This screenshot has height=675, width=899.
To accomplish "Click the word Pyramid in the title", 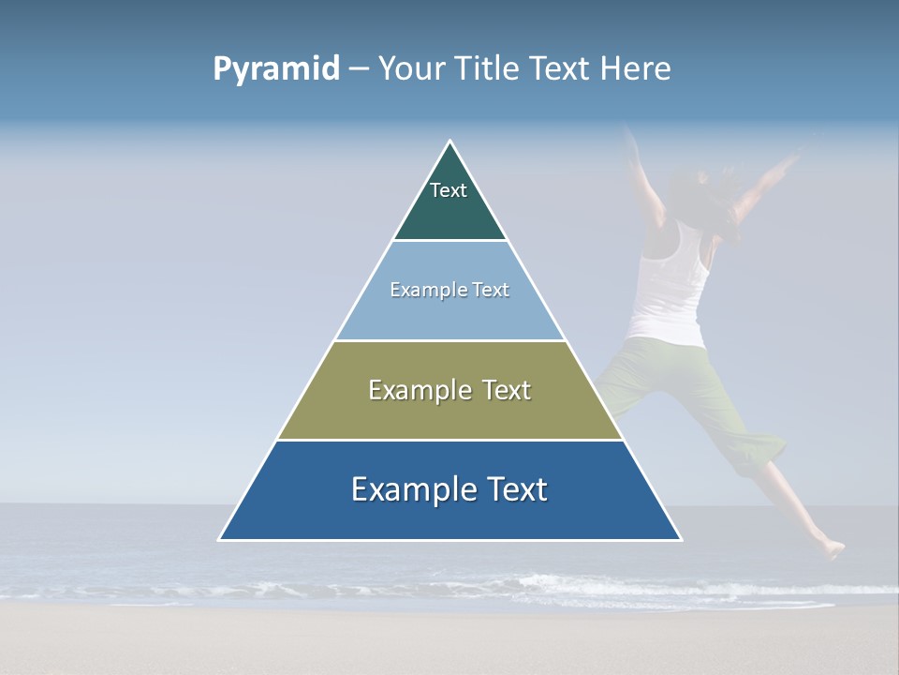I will (276, 69).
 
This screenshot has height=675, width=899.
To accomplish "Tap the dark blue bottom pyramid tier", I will (449, 516).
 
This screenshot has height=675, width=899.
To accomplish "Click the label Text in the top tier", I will (449, 190).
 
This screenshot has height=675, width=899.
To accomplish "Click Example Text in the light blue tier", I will (449, 290).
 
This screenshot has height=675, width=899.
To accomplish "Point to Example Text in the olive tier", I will (449, 390).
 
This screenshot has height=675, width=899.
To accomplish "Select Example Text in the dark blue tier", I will (449, 489).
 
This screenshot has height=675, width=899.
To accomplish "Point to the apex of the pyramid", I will (450, 142).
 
